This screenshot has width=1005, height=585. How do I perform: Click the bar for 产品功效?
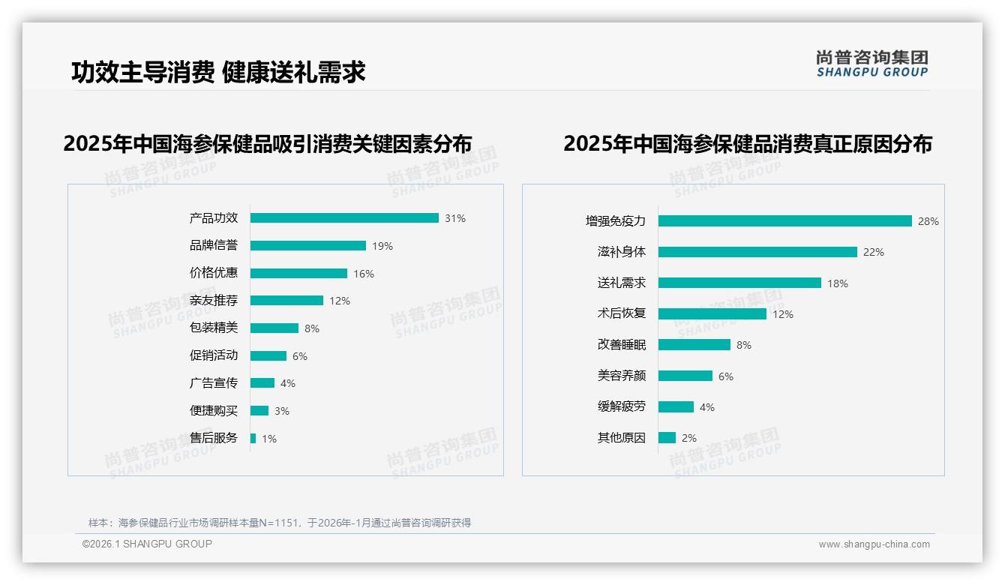(344, 218)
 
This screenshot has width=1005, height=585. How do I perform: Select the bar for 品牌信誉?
(308, 246)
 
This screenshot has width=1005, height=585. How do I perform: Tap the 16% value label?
(364, 274)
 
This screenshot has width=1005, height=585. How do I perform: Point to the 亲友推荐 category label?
(214, 301)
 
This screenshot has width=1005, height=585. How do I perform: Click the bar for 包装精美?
(274, 328)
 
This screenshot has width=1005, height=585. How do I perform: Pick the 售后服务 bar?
(253, 438)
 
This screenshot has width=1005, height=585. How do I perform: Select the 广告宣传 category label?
(214, 383)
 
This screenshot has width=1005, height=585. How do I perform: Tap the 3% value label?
(282, 411)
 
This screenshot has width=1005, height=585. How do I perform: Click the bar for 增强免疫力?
(785, 221)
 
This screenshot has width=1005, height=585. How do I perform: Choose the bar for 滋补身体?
(757, 252)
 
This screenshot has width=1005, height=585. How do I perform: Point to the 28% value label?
(928, 221)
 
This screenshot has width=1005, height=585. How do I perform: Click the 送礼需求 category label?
(622, 283)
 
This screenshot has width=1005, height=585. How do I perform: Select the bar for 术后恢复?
(712, 314)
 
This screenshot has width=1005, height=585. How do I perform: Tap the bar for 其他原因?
(667, 438)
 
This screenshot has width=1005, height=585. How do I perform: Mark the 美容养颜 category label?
(622, 376)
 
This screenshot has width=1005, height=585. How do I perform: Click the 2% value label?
(689, 438)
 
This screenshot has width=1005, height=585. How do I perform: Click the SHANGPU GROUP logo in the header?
(872, 64)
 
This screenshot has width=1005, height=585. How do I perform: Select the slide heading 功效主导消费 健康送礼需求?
(218, 73)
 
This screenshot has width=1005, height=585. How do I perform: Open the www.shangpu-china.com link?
(874, 544)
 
